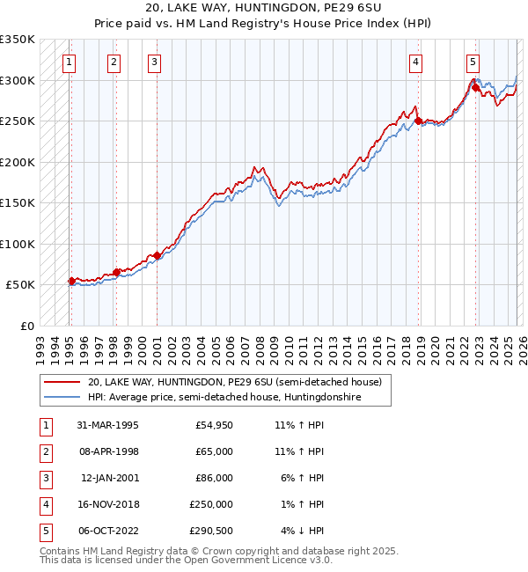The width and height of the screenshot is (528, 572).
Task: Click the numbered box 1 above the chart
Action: click(x=69, y=62)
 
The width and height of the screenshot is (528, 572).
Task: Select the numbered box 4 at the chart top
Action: click(x=415, y=62)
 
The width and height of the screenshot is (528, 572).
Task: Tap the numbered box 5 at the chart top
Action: click(x=473, y=62)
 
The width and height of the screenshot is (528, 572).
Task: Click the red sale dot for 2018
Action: click(x=419, y=121)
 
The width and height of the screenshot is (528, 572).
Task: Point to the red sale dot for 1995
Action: click(x=72, y=282)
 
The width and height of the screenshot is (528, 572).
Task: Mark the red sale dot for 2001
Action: click(x=157, y=256)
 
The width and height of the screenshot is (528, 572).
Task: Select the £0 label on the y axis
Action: click(x=26, y=326)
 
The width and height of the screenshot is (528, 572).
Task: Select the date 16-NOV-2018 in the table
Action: click(x=107, y=504)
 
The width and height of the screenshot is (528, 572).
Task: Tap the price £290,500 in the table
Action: click(x=211, y=531)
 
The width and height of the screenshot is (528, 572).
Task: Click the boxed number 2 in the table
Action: click(x=45, y=451)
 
